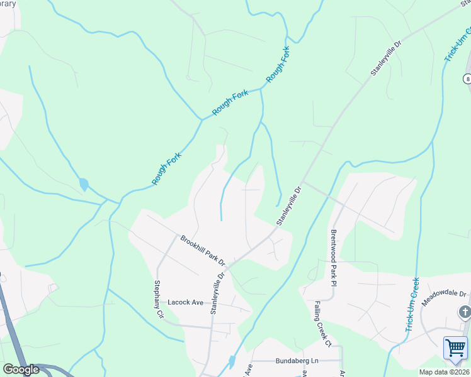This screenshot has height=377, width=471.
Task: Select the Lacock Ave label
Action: [x=185, y=302]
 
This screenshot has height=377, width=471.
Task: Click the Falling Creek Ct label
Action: [x=322, y=323]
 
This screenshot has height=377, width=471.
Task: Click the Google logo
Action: [x=20, y=369]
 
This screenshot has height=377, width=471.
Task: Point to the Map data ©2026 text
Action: [x=444, y=372]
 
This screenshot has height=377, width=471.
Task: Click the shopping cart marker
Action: [x=455, y=347]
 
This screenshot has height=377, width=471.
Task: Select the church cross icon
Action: [x=464, y=312]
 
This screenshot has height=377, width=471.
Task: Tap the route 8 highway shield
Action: [x=467, y=79]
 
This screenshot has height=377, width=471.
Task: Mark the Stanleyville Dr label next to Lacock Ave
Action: [x=217, y=293]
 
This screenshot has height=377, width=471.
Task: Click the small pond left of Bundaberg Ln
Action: [x=232, y=361]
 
